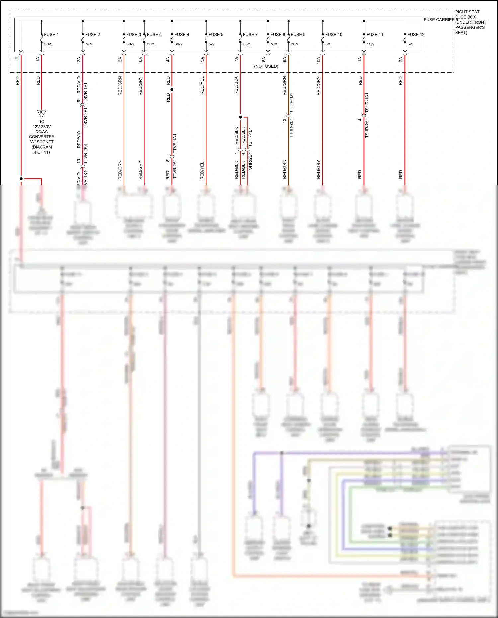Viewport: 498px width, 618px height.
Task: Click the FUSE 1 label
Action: coord(51,34)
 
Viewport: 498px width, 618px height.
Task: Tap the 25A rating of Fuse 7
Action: coord(247,44)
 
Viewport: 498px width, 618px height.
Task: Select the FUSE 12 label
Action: coord(416,34)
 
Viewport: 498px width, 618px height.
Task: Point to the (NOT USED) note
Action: coord(266,66)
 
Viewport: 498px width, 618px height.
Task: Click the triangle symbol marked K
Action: coord(41,113)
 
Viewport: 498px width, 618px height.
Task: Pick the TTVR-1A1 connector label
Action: coord(175,143)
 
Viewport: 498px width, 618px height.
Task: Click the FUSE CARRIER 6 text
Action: coord(441,20)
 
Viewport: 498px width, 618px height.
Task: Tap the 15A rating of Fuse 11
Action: coord(370,44)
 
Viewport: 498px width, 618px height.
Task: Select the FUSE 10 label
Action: coord(334,34)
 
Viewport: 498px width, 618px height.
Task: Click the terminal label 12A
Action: coord(401,60)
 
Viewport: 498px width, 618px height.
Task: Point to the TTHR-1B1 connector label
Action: coord(291,103)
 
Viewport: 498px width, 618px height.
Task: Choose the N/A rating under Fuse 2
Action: coord(89,44)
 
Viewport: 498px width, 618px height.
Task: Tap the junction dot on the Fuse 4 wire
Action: coord(172,89)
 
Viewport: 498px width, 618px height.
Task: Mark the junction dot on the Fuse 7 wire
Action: coord(240,117)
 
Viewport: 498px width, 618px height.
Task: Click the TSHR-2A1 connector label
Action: coord(367,128)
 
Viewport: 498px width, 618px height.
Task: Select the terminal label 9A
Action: coord(284,59)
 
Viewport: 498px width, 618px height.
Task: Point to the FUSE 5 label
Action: coord(216,34)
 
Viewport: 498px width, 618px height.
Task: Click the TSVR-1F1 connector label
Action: coord(85,92)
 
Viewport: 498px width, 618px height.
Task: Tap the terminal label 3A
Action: coord(120,59)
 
